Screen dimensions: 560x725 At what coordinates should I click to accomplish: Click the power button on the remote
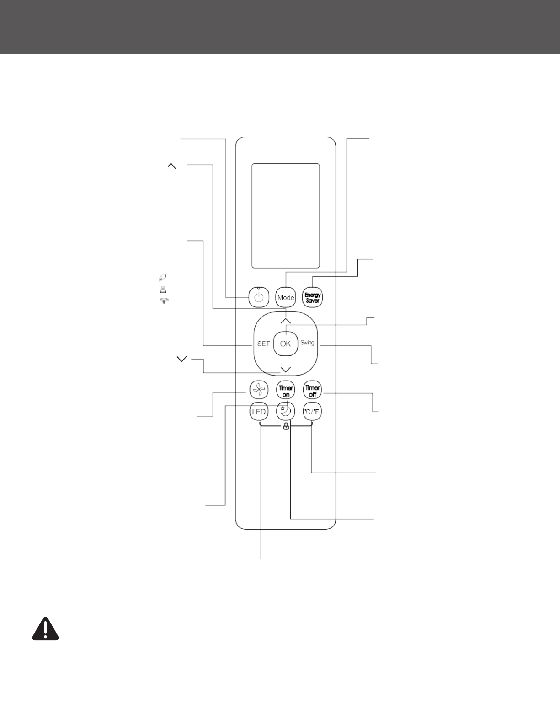click(259, 297)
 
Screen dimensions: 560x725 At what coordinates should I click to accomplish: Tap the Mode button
click(286, 297)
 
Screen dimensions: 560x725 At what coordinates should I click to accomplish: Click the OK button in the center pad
click(285, 344)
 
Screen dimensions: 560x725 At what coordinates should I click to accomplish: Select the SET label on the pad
click(263, 344)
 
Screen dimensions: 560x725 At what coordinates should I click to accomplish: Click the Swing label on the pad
click(307, 343)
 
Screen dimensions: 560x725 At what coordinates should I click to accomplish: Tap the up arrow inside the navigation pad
click(286, 321)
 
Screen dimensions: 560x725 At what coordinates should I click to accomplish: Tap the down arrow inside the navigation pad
click(286, 369)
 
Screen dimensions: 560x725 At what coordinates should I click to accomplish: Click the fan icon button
click(259, 390)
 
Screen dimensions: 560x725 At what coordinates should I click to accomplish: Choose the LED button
click(259, 412)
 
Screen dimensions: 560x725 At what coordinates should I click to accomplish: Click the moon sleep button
click(286, 412)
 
